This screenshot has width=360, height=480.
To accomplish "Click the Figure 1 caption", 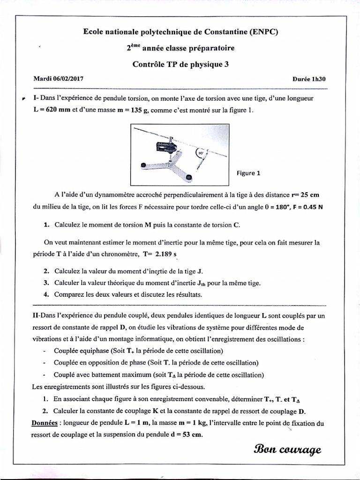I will [x=248, y=173].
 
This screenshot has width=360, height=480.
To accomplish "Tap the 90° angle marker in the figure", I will [x=201, y=152].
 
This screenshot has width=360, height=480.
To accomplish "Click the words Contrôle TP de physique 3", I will [x=180, y=65].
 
